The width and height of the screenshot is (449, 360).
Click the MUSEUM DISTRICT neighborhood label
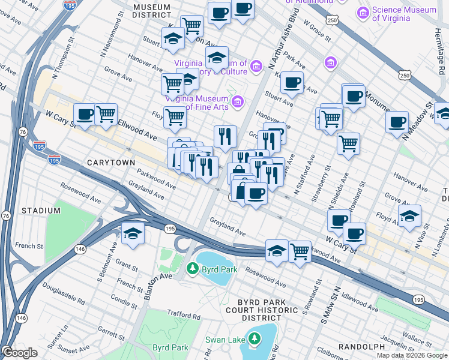(x=152, y=10)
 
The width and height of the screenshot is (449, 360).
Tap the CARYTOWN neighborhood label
(x=109, y=163)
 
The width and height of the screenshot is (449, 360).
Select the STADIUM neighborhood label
(x=41, y=211)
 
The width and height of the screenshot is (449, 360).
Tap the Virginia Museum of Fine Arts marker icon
(x=237, y=100)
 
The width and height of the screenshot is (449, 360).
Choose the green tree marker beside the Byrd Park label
(x=192, y=268)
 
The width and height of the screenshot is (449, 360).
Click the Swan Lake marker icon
(x=255, y=340)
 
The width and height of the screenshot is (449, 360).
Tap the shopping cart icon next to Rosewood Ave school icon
(x=300, y=250)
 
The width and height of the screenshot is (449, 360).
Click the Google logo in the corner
(x=20, y=353)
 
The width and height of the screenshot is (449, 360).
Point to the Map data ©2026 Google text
(x=412, y=355)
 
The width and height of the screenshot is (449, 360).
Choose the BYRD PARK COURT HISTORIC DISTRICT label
(x=259, y=310)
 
